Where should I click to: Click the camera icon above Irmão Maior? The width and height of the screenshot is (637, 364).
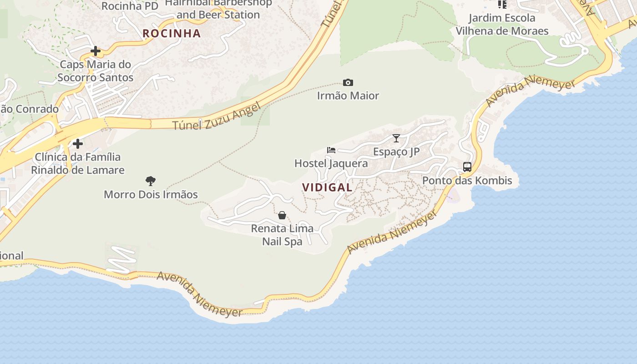pos(348,82)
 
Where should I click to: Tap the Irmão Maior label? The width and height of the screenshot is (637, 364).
pos(348,96)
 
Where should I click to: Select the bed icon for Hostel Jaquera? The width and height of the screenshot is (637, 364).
pos(331,150)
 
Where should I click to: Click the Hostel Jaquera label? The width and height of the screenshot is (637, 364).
pos(331,163)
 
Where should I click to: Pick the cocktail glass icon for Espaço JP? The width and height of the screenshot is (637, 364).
pos(396,138)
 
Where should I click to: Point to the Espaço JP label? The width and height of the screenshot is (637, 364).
pos(396,152)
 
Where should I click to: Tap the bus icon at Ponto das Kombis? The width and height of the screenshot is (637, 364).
pos(467,167)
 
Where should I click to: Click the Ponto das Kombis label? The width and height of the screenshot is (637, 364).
pos(467,181)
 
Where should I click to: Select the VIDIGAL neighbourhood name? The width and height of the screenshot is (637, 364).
pos(327,187)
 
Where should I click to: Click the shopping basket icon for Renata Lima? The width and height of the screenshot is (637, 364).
pos(282,215)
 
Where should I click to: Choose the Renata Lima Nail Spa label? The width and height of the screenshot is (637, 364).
pos(282,235)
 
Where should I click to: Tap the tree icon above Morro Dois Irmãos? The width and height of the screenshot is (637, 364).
pos(151,181)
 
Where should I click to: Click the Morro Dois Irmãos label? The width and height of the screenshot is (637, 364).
pos(151,195)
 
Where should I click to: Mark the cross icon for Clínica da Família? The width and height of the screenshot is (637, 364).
pos(78,144)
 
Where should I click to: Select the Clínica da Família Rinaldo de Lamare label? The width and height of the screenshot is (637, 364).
pos(78,163)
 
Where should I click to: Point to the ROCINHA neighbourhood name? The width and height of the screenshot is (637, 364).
pos(172,33)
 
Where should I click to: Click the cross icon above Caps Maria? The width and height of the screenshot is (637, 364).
pos(96,51)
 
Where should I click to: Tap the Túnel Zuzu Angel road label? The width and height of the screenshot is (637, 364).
pos(217,116)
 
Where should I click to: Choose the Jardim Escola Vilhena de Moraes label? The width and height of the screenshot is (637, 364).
pos(502,25)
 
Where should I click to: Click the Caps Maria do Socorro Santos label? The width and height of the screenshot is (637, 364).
pos(96,71)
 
